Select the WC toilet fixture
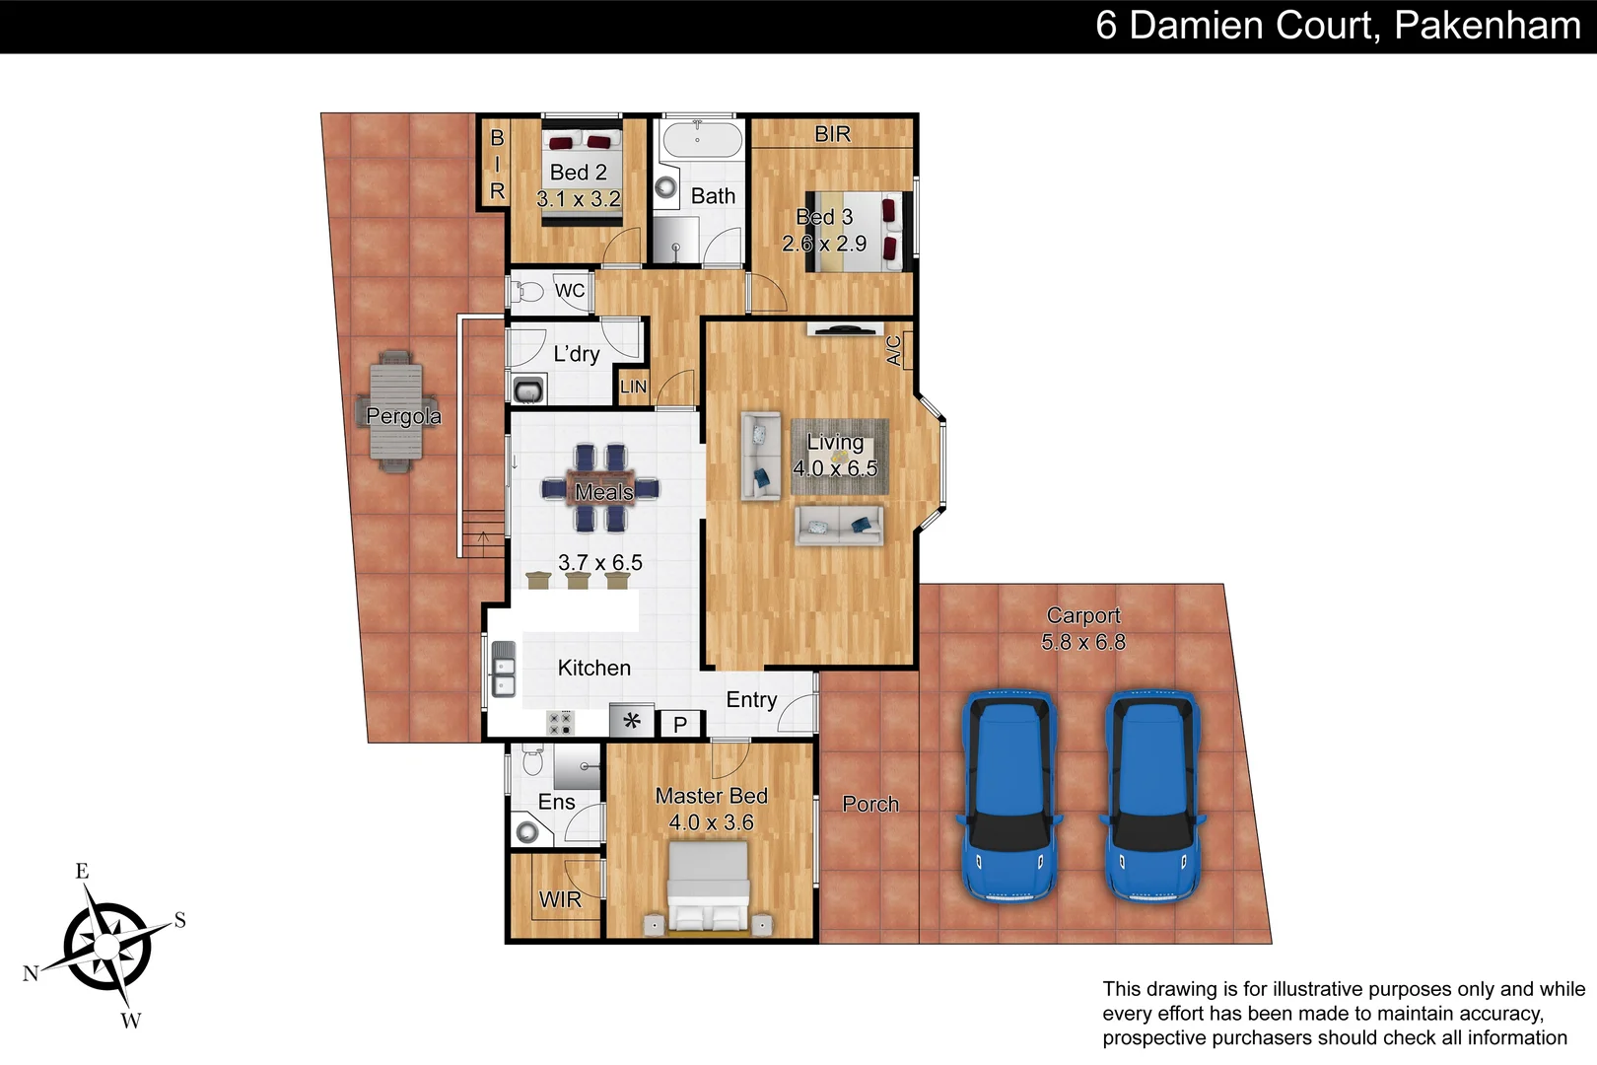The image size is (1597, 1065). tap(527, 292)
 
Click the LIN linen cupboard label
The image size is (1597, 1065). tap(634, 387)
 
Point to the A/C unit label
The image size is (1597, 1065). tap(894, 350)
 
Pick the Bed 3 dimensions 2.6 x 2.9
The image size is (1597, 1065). tap(824, 244)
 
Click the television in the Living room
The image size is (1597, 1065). tap(844, 329)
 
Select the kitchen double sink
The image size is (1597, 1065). tap(504, 669)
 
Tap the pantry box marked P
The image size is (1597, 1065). tap(680, 725)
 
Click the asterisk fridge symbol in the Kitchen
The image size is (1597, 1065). tap(632, 722)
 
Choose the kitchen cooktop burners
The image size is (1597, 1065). tap(560, 724)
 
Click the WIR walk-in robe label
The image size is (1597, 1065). tap(560, 899)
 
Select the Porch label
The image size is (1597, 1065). tap(870, 804)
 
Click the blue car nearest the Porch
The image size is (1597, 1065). tap(1008, 795)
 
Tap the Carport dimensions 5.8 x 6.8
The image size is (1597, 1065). tap(1082, 642)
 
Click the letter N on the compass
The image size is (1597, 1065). tap(31, 973)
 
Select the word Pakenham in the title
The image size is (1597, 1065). tap(1488, 26)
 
